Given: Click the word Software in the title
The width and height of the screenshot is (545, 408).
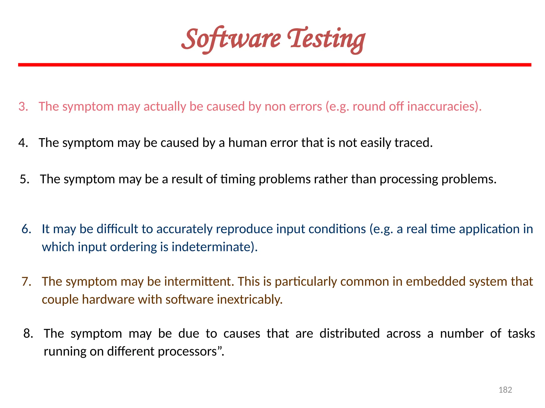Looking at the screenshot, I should pyautogui.click(x=231, y=39).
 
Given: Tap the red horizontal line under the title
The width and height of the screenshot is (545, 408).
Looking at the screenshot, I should pyautogui.click(x=275, y=65).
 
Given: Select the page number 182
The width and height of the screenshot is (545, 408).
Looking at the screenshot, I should pyautogui.click(x=505, y=390).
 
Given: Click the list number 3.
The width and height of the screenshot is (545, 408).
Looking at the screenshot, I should pyautogui.click(x=23, y=107).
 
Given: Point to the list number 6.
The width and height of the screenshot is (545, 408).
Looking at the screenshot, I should pyautogui.click(x=26, y=229).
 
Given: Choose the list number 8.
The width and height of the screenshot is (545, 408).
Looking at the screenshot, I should pyautogui.click(x=28, y=333).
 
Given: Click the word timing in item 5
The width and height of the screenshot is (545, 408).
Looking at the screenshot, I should pyautogui.click(x=238, y=179).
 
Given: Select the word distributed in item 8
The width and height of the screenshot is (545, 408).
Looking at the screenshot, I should pyautogui.click(x=349, y=334).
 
